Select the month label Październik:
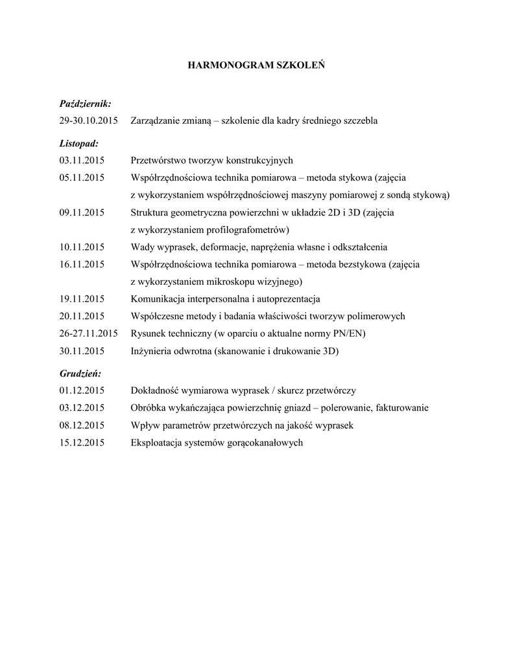click(85, 104)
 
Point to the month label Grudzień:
click(80, 374)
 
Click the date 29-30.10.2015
click(88, 121)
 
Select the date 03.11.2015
click(82, 160)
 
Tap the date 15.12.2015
click(82, 443)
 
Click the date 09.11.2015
click(82, 212)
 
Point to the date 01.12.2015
click(82, 390)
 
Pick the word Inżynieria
click(152, 351)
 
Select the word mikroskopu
click(232, 282)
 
